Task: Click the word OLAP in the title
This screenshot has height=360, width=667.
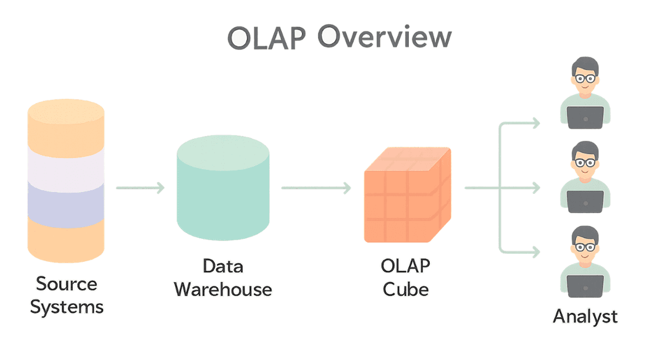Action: (266, 38)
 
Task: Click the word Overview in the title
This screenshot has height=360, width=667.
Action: (384, 38)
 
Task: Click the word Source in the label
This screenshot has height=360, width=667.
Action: (66, 284)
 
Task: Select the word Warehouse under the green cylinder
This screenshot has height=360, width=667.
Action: (223, 289)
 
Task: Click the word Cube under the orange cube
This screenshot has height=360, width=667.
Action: (406, 289)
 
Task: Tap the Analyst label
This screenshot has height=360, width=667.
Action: (585, 316)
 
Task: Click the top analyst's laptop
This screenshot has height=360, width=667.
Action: (585, 117)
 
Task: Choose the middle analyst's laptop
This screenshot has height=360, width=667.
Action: (585, 201)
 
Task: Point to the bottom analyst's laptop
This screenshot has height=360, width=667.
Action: (585, 285)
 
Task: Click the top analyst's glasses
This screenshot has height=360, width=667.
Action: (584, 78)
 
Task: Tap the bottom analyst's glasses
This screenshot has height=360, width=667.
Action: (584, 247)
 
